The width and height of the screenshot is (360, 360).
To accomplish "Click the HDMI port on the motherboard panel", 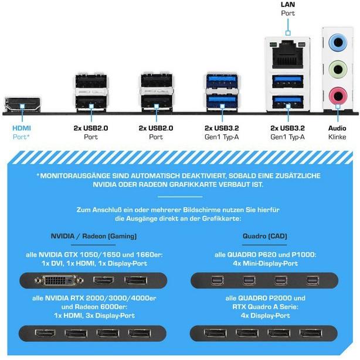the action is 22,105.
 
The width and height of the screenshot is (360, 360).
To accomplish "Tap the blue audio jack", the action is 338,42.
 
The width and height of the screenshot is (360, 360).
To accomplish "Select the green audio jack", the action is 338,69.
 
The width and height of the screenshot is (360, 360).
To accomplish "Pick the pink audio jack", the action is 338,96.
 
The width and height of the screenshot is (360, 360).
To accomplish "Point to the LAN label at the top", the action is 288,4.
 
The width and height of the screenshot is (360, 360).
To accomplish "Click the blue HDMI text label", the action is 22,128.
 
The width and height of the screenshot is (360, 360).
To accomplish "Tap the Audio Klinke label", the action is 337,133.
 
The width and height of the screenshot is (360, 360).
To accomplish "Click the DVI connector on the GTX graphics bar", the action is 59,280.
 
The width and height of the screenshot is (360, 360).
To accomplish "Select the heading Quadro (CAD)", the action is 264,236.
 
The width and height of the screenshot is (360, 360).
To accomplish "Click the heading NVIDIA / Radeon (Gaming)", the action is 94,236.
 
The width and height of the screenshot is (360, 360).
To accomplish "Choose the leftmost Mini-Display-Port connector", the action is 217,281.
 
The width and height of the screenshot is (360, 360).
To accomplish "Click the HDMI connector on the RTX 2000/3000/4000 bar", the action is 45,333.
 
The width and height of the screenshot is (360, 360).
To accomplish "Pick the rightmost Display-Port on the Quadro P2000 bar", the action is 311,333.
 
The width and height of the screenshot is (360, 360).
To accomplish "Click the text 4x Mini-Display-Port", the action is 266,263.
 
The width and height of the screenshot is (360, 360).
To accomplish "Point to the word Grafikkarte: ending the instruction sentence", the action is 222,218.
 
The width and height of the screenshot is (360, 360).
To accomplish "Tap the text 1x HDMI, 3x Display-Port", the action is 94,315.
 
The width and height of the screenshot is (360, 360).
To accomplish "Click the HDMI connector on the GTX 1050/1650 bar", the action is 104,280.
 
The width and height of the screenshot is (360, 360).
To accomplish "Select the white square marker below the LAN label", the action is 288,33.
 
